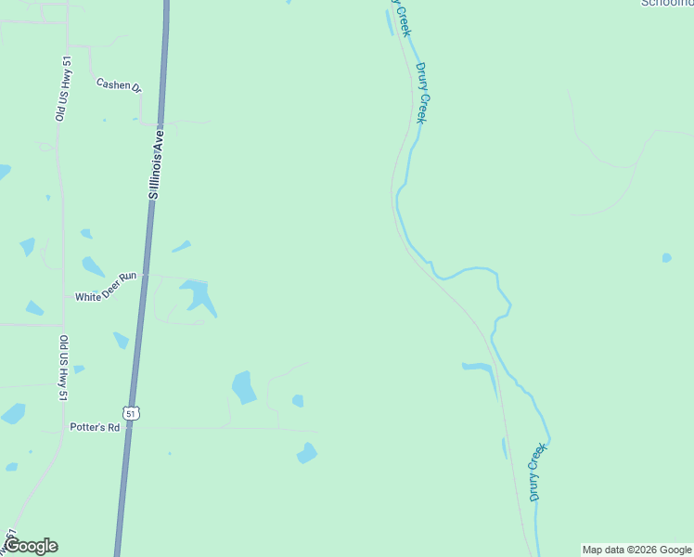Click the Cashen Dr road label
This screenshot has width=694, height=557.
click(119, 84)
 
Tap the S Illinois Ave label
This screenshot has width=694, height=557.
click(157, 163)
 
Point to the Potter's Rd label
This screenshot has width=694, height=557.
click(95, 427)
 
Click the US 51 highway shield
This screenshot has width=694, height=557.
click(132, 412)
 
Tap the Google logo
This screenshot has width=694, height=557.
click(30, 546)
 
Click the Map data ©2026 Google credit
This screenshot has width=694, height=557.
click(636, 550)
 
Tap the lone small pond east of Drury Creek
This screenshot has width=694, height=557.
click(666, 257)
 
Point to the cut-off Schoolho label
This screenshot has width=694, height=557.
click(666, 3)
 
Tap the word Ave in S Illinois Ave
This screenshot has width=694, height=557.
click(160, 136)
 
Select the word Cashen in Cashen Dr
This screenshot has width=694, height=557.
click(112, 83)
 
